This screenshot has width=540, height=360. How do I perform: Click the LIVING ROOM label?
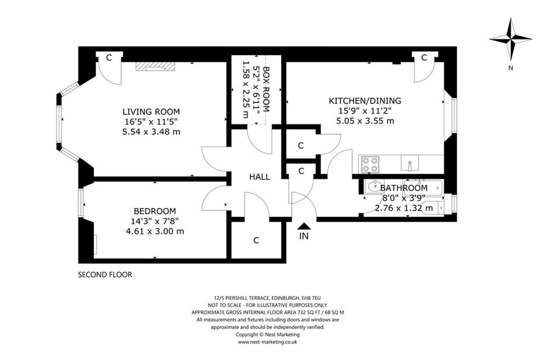pyautogui.click(x=151, y=112)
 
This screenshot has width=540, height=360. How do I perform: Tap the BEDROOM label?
pyautogui.click(x=155, y=211)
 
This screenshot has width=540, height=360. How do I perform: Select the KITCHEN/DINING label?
pyautogui.click(x=365, y=101)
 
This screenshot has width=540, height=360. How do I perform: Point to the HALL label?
pyautogui.click(x=259, y=177)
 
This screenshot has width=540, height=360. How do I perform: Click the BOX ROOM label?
pyautogui.click(x=266, y=89)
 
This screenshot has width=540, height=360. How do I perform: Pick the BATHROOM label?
pyautogui.click(x=403, y=188)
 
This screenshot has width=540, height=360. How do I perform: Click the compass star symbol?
pyautogui.click(x=510, y=39)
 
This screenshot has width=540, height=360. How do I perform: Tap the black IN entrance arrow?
pyautogui.click(x=304, y=226)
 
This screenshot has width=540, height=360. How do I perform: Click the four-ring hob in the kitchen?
pyautogui.click(x=370, y=164)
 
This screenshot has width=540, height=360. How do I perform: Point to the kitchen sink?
pyautogui.click(x=410, y=163)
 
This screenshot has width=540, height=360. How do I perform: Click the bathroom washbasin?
pyautogui.click(x=374, y=187)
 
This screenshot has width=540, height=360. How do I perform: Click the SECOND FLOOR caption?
pyautogui.click(x=105, y=275)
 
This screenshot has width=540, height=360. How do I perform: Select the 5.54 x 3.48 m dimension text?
pyautogui.click(x=151, y=131)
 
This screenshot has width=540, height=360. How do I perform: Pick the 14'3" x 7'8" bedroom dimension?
pyautogui.click(x=155, y=221)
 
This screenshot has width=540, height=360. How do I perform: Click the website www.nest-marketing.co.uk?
pyautogui.click(x=267, y=342)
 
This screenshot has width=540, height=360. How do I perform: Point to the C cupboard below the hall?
pyautogui.click(x=256, y=240)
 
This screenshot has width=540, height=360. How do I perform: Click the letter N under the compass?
pyautogui.click(x=510, y=68)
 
